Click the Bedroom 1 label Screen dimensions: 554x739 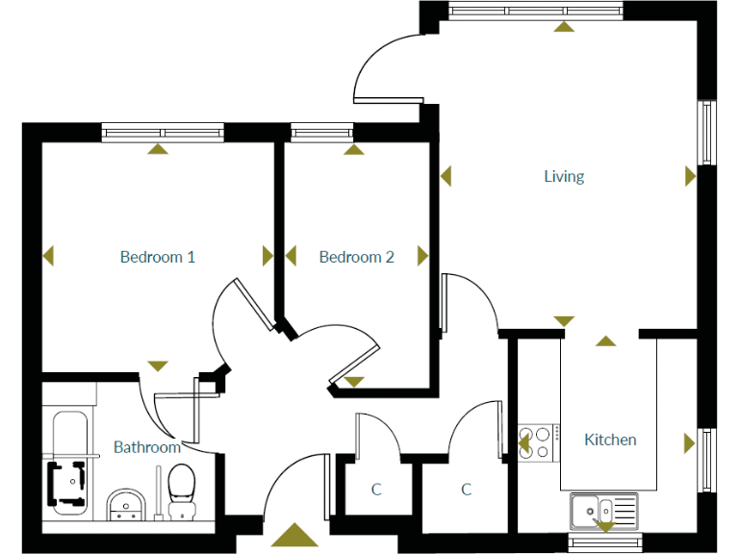coord(158,257)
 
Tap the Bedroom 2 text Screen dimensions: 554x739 coord(356,257)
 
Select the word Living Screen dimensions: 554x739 coord(564,176)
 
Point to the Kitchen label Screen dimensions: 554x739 coord(610,440)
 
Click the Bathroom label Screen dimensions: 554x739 coord(147,447)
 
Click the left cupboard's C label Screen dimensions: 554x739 coord(376,490)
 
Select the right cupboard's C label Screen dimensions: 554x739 coord(466,490)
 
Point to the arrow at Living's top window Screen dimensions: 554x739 coord(564,26)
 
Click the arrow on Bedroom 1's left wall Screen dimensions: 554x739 coord(49,256)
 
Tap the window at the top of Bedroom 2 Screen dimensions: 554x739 coord(321,132)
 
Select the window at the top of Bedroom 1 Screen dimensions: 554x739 coord(163,132)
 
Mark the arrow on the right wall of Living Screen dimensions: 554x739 coord(690,176)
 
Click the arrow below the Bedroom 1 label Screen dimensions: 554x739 coord(157,365)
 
